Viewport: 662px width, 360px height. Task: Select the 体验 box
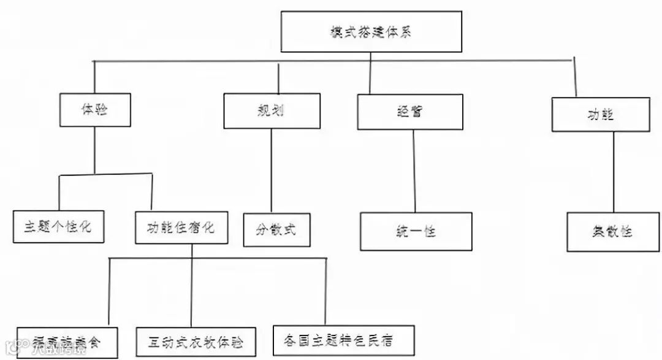point(94,110)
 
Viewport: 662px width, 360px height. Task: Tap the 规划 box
point(272,111)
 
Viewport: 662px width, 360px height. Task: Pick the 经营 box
point(410,112)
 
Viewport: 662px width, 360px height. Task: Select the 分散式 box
point(276,230)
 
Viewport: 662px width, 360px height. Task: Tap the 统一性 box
point(416,232)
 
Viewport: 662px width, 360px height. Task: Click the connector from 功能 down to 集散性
point(614,172)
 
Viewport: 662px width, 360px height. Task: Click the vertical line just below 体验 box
point(94,150)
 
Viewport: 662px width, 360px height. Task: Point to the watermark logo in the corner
point(9,351)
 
